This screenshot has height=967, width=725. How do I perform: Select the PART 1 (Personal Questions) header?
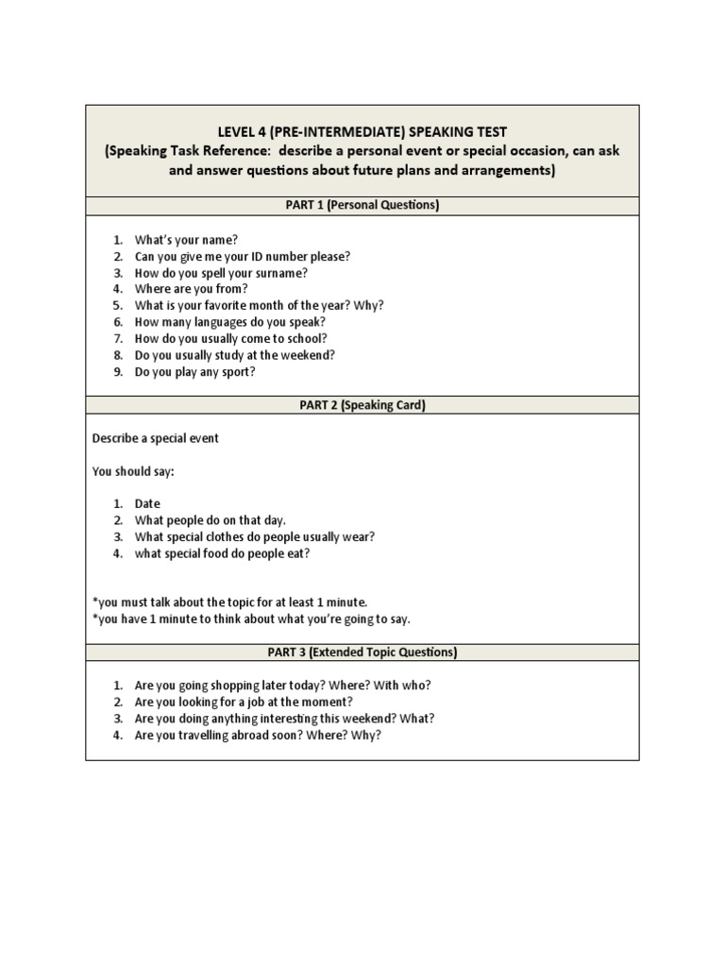(x=362, y=205)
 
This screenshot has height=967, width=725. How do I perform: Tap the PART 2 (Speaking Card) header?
(x=362, y=405)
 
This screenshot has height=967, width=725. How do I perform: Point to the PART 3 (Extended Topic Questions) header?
(x=362, y=652)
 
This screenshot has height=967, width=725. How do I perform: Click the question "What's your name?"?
(x=186, y=240)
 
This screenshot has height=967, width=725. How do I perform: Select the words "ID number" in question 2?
(x=282, y=256)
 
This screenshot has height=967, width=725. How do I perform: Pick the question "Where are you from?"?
(x=191, y=289)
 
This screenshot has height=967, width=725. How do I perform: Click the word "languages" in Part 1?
(x=223, y=322)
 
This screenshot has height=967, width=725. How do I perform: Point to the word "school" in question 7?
(x=307, y=338)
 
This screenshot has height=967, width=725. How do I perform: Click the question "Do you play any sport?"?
(x=195, y=371)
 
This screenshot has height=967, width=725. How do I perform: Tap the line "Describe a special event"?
(x=156, y=438)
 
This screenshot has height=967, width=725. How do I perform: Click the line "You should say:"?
(x=133, y=471)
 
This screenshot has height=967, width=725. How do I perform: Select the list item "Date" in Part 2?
(x=147, y=504)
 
